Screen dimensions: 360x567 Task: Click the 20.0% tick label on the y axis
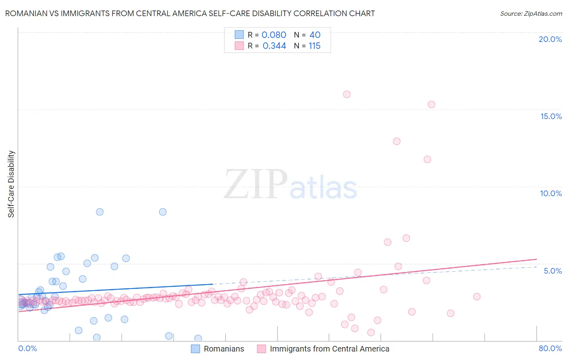[550, 39]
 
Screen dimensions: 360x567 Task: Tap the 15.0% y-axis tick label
[551, 116]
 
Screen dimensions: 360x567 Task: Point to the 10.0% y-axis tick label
[551, 193]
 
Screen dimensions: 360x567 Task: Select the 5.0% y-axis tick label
[552, 271]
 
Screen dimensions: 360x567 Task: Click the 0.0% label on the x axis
[27, 348]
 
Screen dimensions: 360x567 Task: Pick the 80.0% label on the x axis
[550, 348]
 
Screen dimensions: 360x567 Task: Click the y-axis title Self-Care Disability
[11, 184]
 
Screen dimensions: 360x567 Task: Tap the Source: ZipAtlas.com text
[531, 14]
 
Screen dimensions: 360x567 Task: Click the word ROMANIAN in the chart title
[25, 14]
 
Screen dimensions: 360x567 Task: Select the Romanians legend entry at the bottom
[223, 349]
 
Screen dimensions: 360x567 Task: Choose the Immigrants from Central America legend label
[329, 349]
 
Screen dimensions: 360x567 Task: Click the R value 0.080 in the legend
[274, 35]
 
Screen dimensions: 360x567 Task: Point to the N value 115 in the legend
[315, 46]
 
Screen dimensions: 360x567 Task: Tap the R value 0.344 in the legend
[274, 46]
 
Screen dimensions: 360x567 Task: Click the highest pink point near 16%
[347, 94]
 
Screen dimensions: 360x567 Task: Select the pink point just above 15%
[432, 105]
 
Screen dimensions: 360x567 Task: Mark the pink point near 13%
[397, 141]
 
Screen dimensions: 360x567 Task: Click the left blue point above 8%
[100, 212]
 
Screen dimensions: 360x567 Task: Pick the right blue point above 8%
[163, 212]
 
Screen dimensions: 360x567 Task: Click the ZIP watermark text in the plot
[256, 184]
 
